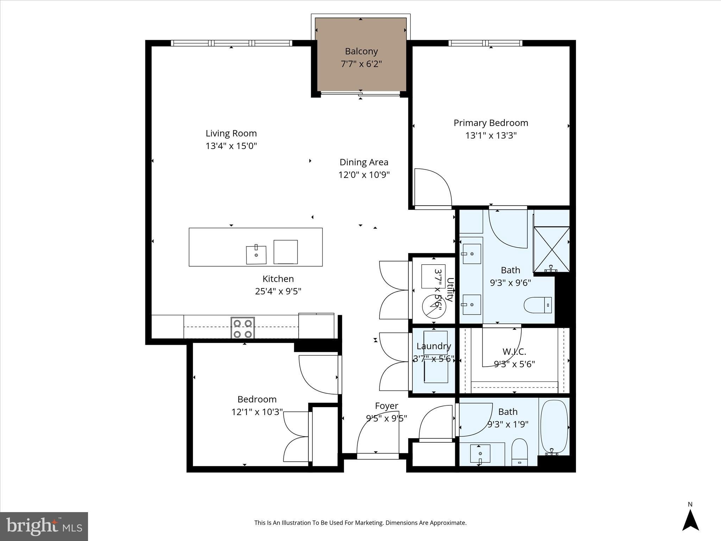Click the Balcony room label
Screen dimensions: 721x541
[x=361, y=51]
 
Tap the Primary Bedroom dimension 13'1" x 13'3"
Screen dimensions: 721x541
[x=491, y=136]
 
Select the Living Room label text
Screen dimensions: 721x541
[x=231, y=133]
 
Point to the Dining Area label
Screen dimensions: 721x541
[x=364, y=162]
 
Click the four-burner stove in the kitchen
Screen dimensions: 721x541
[x=243, y=328]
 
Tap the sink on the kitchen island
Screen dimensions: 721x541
[x=256, y=254]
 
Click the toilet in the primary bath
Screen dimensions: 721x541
[x=538, y=305]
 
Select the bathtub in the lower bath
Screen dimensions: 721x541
[x=554, y=428]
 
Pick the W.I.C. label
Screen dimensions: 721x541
[x=514, y=352]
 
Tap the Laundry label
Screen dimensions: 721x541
[x=434, y=346]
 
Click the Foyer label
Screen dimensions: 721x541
[x=387, y=406]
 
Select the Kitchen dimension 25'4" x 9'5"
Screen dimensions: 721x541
[x=278, y=292]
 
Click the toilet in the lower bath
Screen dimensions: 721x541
[x=519, y=452]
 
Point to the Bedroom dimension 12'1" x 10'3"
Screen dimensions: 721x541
[x=257, y=412]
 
